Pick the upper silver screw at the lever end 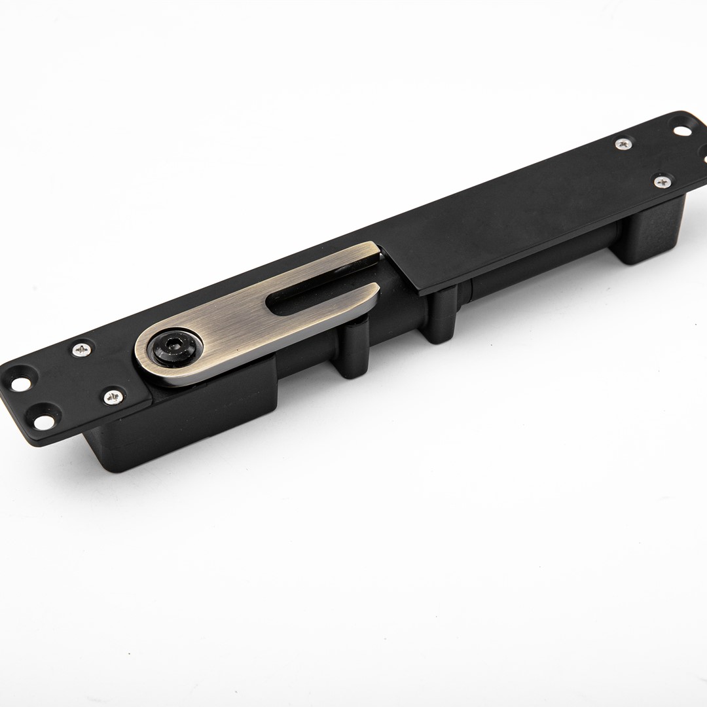point(82,350)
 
